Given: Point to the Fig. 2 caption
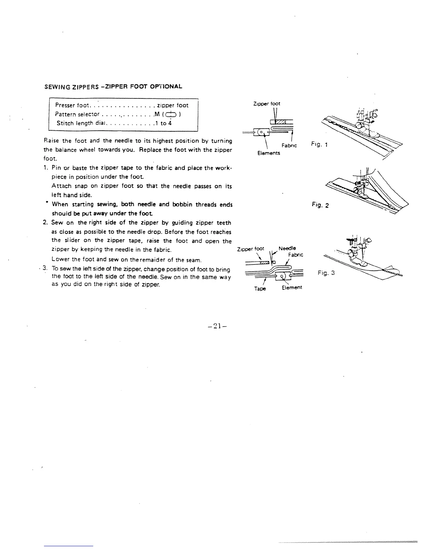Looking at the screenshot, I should coord(320,205).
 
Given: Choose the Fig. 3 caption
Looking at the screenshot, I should coord(326,273).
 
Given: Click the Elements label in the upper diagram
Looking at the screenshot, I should coord(268,153).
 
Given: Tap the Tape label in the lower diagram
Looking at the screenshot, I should coord(260,289).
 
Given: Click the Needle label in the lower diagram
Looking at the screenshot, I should coord(287,248).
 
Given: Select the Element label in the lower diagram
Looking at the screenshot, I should coord(292,287).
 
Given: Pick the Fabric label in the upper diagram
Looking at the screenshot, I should coord(290,146).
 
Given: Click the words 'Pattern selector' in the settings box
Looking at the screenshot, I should coord(77,114).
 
